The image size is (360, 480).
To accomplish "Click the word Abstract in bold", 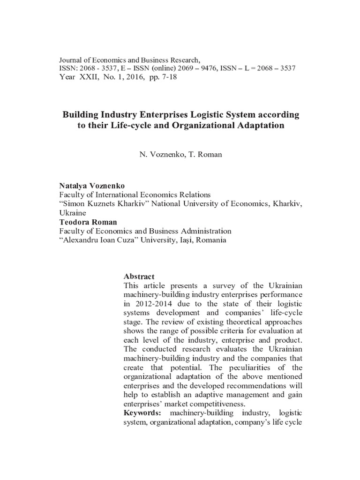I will click(139, 276).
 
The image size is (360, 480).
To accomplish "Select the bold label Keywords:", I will click(142, 412).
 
